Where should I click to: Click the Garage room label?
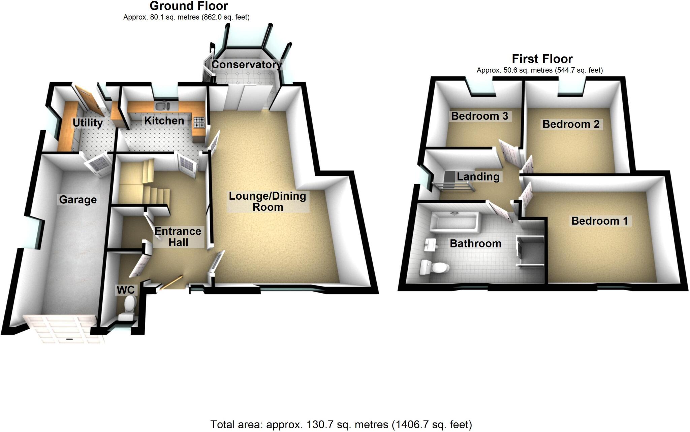pos(78,200)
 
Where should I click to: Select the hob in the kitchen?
pos(199,122)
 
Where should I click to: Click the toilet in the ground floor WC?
pos(130,305)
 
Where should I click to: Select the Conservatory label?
pos(247,65)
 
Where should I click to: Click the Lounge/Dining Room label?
pos(268,201)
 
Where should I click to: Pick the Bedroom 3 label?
pos(479,116)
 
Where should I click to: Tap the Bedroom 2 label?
pos(571,124)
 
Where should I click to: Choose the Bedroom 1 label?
pos(600,221)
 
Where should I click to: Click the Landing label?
pos(478,176)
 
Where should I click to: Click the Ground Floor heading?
pos(189,6)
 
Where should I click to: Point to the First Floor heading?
pos(542,59)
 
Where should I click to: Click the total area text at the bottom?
pos(341,425)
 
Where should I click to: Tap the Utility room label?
pos(88,123)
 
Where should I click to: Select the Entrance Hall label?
pos(178,237)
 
